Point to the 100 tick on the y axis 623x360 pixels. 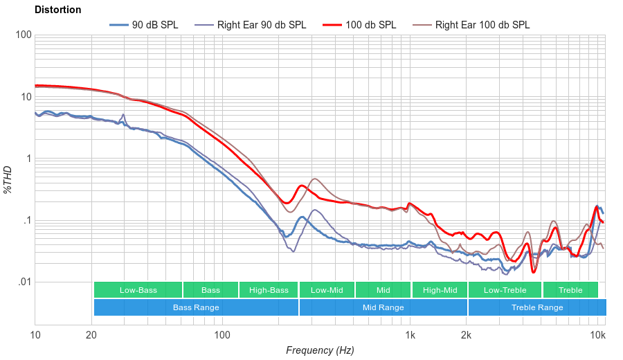pyautogui.click(x=23, y=35)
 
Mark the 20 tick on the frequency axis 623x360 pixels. pyautogui.click(x=91, y=336)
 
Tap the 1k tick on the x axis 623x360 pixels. pyautogui.click(x=410, y=336)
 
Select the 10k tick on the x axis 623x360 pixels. pyautogui.click(x=597, y=336)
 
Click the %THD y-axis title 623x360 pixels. pyautogui.click(x=9, y=180)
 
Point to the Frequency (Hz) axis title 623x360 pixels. pyautogui.click(x=320, y=350)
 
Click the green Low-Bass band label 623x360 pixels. pyautogui.click(x=138, y=290)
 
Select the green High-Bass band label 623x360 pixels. pyautogui.click(x=269, y=290)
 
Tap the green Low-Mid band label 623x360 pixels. pyautogui.click(x=327, y=290)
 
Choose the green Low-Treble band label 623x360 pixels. pyautogui.click(x=505, y=290)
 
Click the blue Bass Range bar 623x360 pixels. pyautogui.click(x=196, y=307)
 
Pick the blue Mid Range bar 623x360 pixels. pyautogui.click(x=383, y=307)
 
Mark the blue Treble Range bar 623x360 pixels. pyautogui.click(x=536, y=307)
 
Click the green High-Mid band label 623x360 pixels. pyautogui.click(x=440, y=290)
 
